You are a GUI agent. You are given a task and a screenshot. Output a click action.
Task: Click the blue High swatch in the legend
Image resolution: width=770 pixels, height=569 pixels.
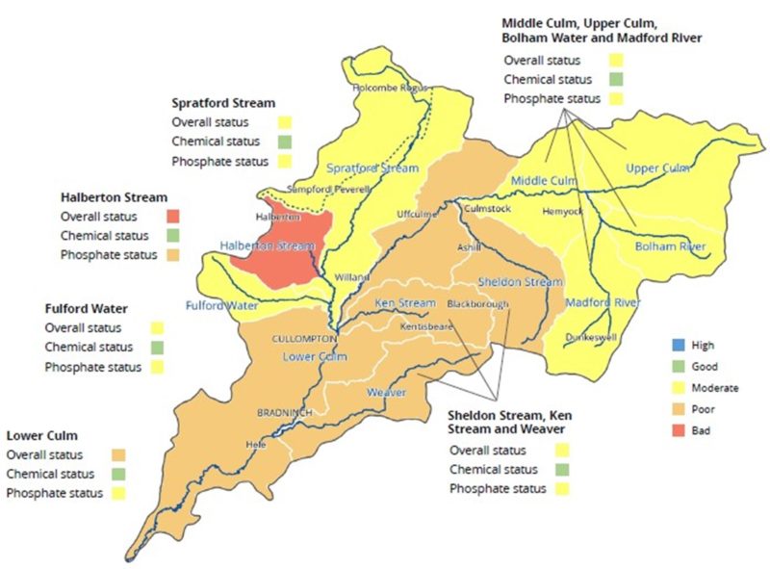(x=680, y=345)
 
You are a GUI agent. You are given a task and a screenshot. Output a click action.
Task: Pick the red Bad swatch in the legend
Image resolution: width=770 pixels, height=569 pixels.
(x=680, y=431)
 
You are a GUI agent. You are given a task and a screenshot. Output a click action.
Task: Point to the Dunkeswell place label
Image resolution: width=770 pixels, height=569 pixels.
(x=589, y=337)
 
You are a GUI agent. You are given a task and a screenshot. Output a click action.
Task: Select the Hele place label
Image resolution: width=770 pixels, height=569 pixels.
(x=256, y=445)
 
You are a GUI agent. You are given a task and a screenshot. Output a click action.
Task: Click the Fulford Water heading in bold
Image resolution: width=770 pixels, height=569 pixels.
(x=88, y=309)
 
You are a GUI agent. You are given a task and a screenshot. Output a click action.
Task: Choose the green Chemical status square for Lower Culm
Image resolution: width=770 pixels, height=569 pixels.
(x=118, y=474)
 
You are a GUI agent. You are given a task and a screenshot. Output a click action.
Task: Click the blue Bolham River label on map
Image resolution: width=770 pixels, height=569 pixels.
(x=670, y=247)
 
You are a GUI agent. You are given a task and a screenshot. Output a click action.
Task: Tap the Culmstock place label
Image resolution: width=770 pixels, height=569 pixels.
(x=487, y=207)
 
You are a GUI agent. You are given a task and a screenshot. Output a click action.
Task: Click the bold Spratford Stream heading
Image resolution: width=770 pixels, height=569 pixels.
(x=223, y=102)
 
